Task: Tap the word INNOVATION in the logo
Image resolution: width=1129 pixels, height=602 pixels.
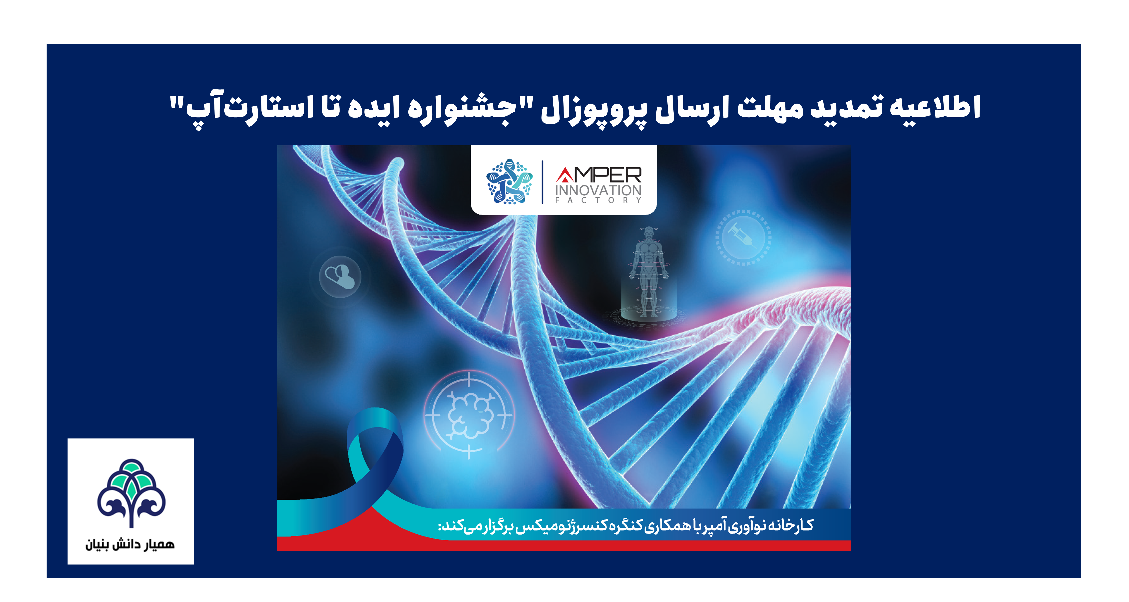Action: (x=598, y=191)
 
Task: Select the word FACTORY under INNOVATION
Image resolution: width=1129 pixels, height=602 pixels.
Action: (x=598, y=200)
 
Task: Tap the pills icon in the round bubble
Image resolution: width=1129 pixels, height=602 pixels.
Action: (x=340, y=276)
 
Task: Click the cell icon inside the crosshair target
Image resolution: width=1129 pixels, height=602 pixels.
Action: (x=470, y=414)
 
